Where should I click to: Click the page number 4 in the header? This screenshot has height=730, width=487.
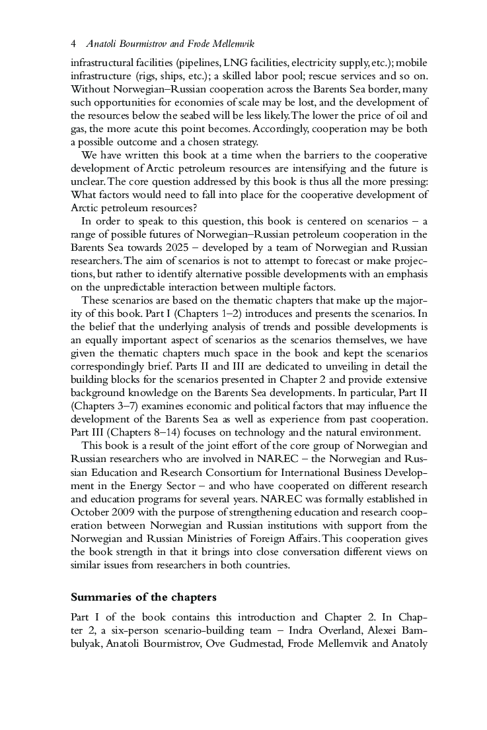[73, 44]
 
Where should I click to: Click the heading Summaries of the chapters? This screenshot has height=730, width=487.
[143, 597]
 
